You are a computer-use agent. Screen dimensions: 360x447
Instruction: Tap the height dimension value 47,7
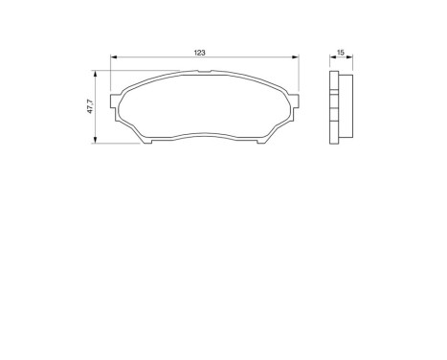pos(90,107)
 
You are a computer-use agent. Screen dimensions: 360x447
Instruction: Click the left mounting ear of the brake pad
pos(117,102)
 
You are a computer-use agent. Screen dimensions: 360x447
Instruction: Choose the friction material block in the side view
pos(346,107)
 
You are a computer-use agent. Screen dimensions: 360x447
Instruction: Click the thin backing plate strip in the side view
pos(334,107)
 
